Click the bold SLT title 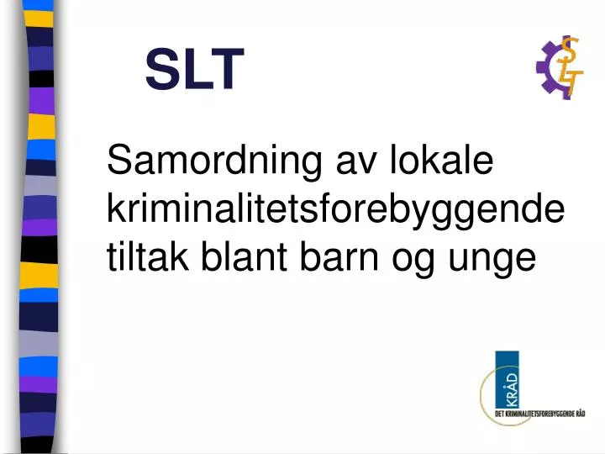[194, 69]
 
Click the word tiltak [148, 258]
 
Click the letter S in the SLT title [160, 69]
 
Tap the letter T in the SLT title [227, 69]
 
